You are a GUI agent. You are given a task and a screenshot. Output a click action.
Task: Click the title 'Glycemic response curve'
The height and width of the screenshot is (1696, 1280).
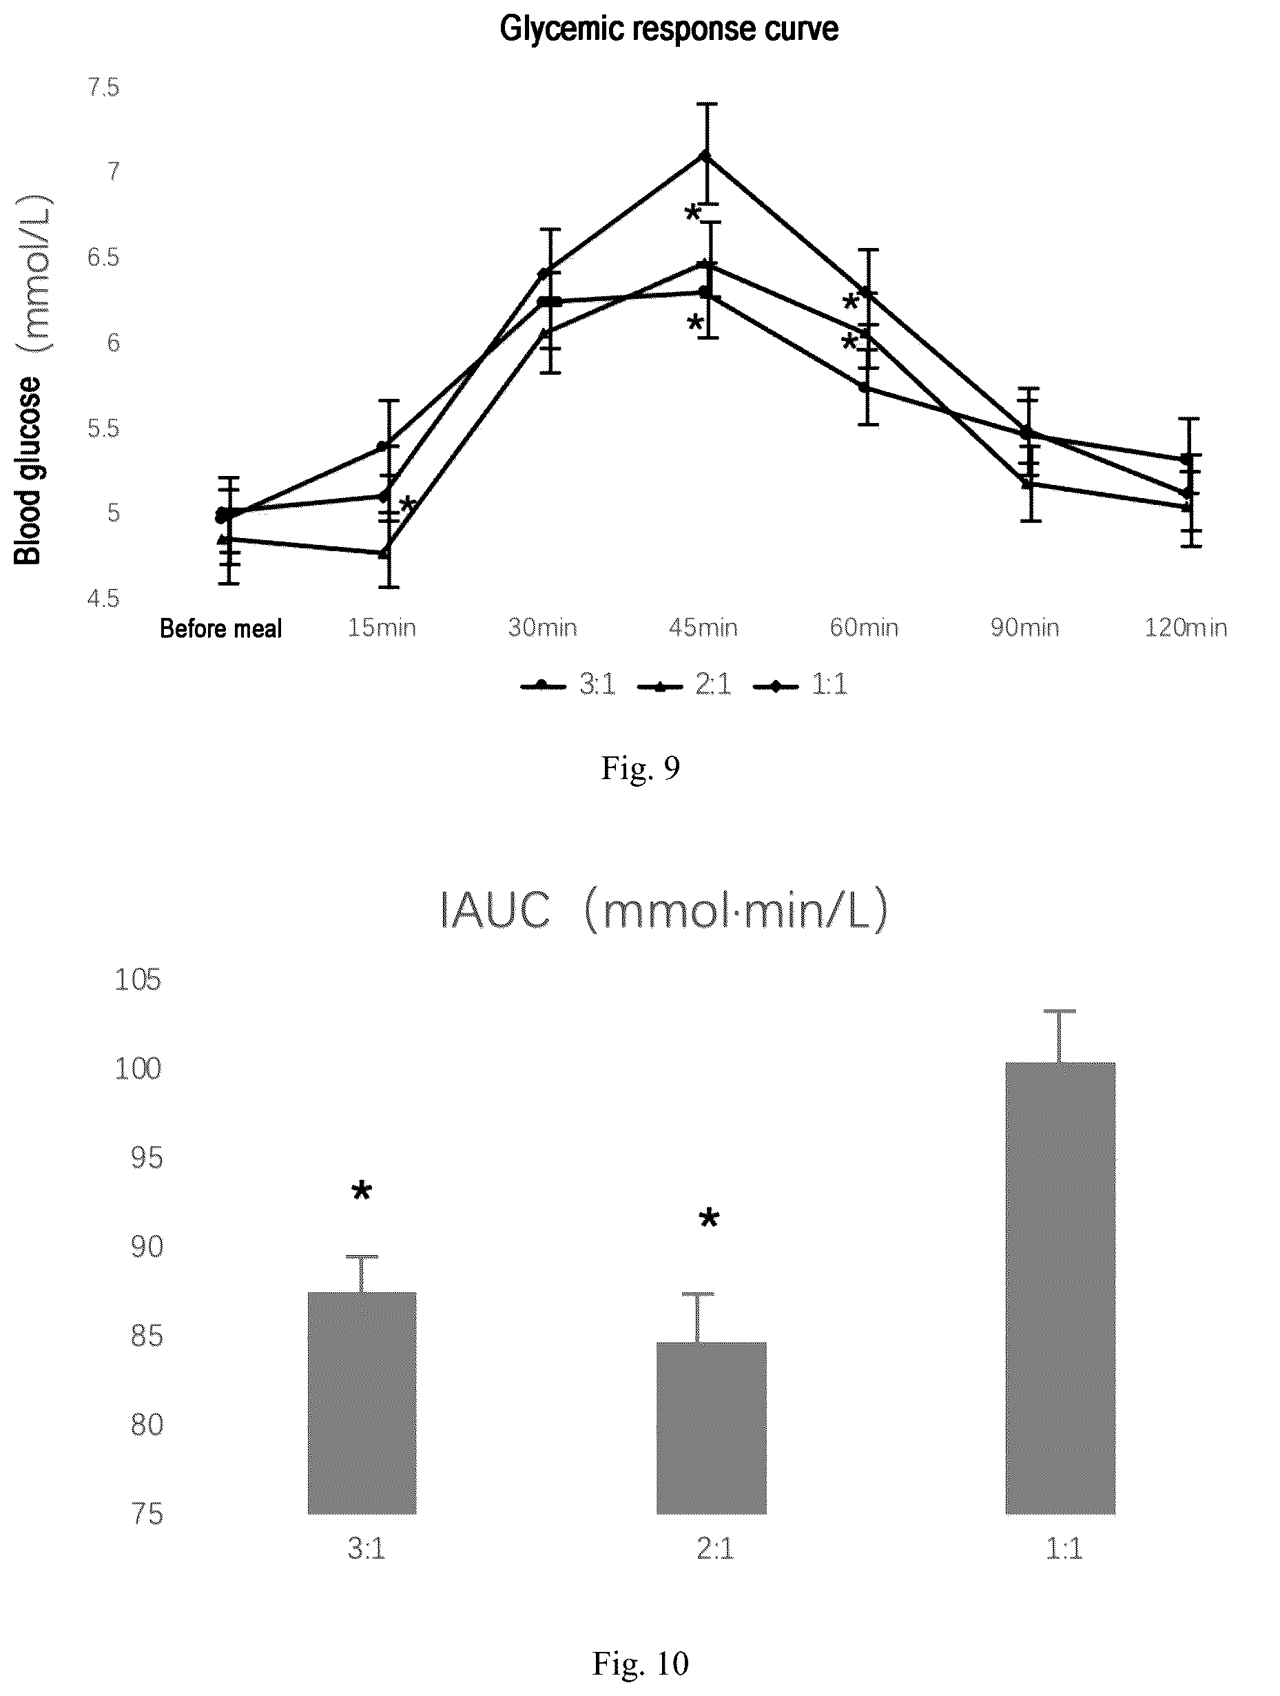pyautogui.click(x=669, y=29)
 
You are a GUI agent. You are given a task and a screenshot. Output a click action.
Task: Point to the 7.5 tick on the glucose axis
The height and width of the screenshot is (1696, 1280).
pyautogui.click(x=103, y=87)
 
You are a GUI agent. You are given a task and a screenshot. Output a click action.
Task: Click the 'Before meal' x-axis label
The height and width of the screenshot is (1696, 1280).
pyautogui.click(x=220, y=629)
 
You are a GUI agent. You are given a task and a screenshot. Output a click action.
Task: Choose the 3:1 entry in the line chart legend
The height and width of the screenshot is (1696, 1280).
pyautogui.click(x=568, y=684)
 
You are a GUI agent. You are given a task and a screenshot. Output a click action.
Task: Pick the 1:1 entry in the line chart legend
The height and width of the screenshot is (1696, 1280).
pyautogui.click(x=800, y=684)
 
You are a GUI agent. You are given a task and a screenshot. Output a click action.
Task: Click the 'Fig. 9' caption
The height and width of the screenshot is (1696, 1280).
pyautogui.click(x=639, y=767)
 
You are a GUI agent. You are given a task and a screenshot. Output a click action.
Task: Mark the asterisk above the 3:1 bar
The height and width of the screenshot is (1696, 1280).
pyautogui.click(x=361, y=1192)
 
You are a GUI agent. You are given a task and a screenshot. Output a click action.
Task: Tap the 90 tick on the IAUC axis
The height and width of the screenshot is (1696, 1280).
pyautogui.click(x=147, y=1247)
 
